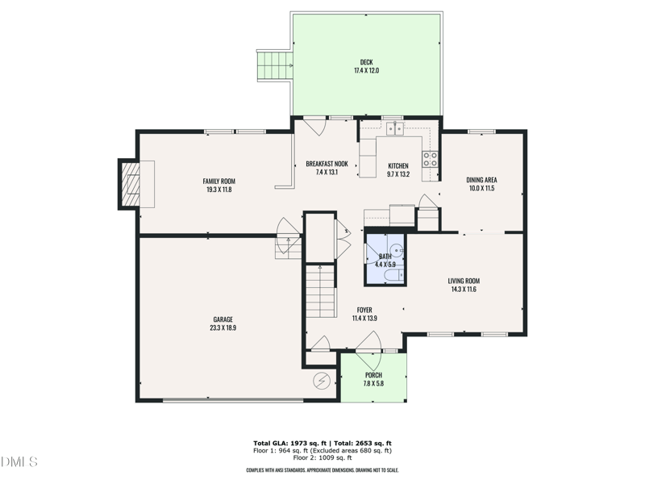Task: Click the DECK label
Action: click(x=366, y=62)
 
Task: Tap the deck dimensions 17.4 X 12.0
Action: click(x=366, y=71)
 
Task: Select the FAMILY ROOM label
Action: click(x=218, y=181)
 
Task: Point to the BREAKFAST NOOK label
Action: click(x=327, y=164)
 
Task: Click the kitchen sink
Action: click(x=393, y=127)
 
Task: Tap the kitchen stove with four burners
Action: click(x=431, y=158)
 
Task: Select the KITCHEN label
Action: click(x=398, y=165)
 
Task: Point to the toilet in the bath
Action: click(x=389, y=276)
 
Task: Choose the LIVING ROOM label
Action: click(x=464, y=281)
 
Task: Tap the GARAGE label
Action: click(x=223, y=319)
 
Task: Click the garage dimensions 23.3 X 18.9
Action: click(x=223, y=328)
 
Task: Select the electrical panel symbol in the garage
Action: click(x=322, y=379)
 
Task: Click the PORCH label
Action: click(x=373, y=375)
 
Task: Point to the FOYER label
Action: click(x=364, y=310)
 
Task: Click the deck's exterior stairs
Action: click(x=273, y=65)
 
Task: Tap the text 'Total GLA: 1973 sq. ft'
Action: click(x=289, y=444)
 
